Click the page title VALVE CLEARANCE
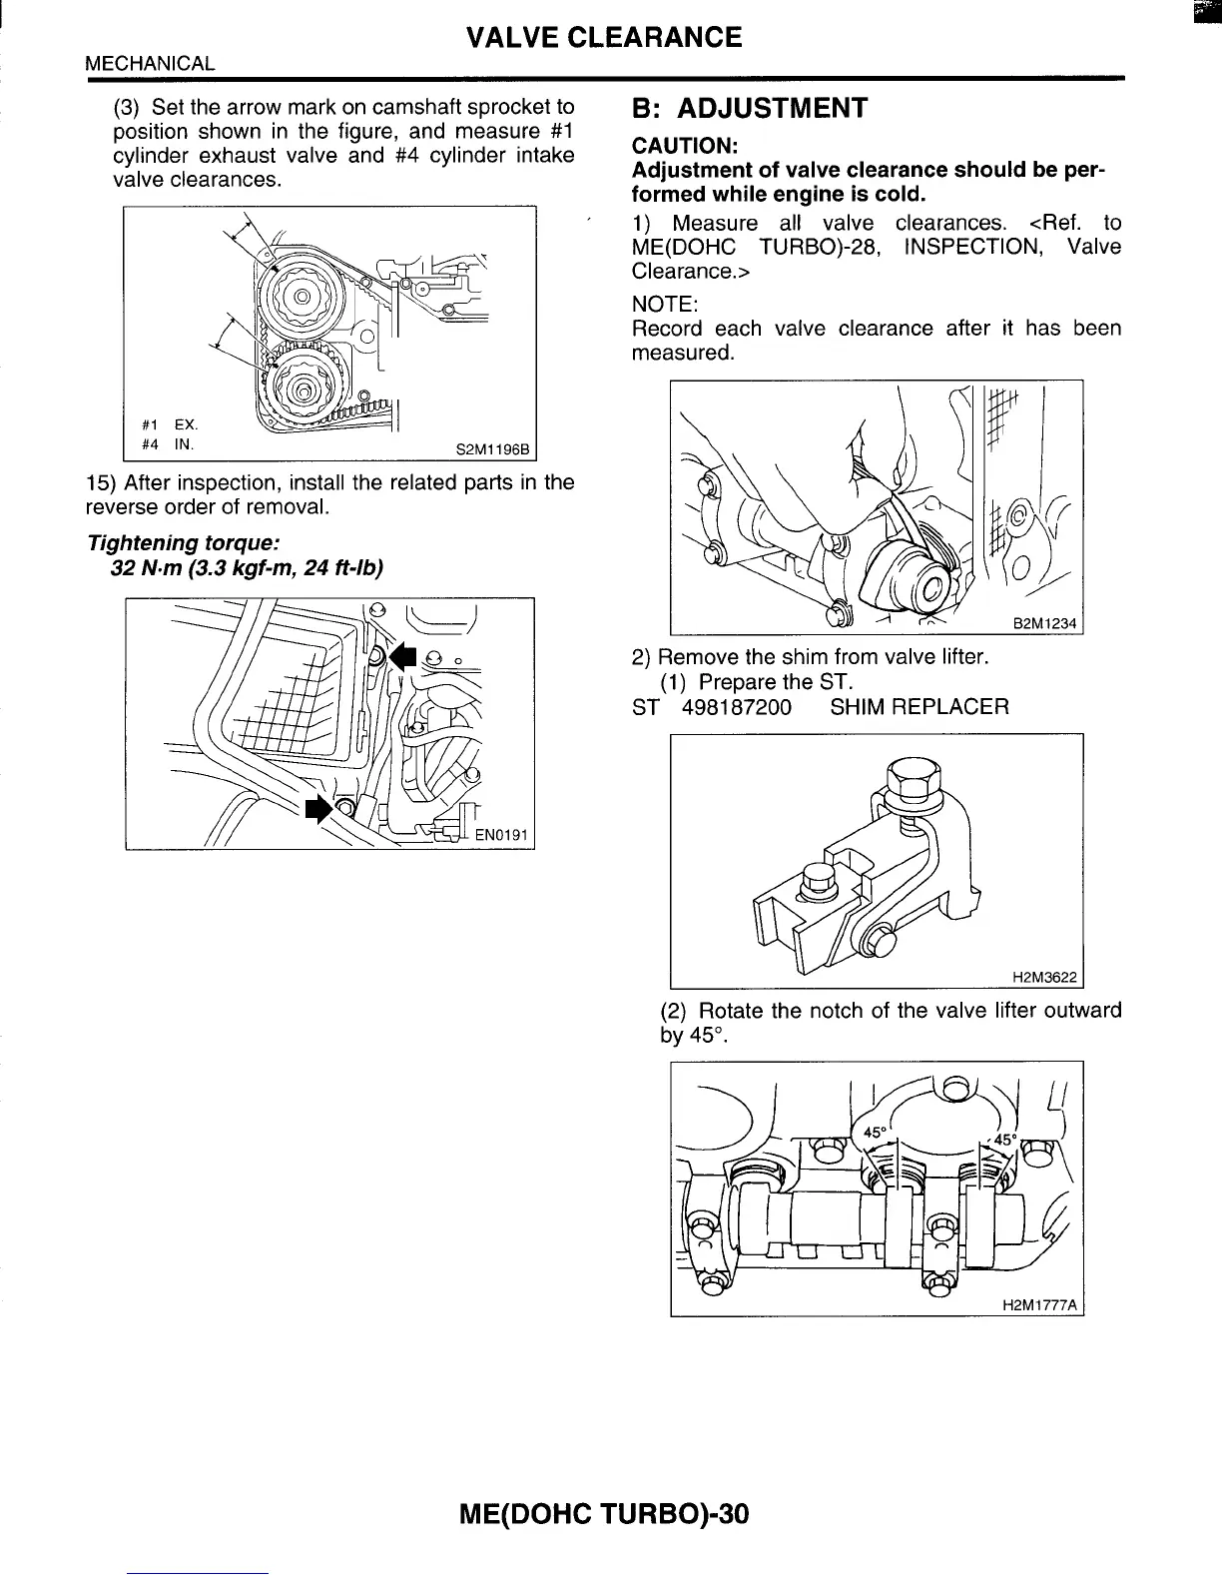pyautogui.click(x=604, y=38)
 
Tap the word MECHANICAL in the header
pyautogui.click(x=150, y=64)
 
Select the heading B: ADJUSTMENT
pyautogui.click(x=750, y=108)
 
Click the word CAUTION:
pyautogui.click(x=684, y=146)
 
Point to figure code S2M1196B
pyautogui.click(x=493, y=449)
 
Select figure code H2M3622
pyautogui.click(x=1044, y=976)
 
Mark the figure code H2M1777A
pyautogui.click(x=1040, y=1305)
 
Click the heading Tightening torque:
pyautogui.click(x=182, y=543)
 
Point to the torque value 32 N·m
pyautogui.click(x=152, y=568)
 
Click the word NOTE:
pyautogui.click(x=664, y=304)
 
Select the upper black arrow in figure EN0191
pyautogui.click(x=402, y=656)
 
